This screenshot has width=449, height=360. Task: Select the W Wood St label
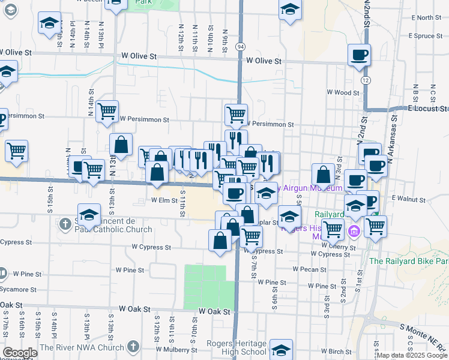pos(343,92)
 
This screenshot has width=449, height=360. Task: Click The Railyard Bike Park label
pos(409,261)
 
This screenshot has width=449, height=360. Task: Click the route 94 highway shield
pos(240,46)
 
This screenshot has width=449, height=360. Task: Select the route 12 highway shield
pos(365,79)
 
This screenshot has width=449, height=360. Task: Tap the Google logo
pos(20,352)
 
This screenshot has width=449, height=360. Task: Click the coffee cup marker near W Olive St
pos(359,55)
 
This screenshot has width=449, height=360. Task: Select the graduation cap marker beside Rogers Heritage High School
pos(281,349)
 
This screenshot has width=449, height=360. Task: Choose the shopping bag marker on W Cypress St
pos(220,241)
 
